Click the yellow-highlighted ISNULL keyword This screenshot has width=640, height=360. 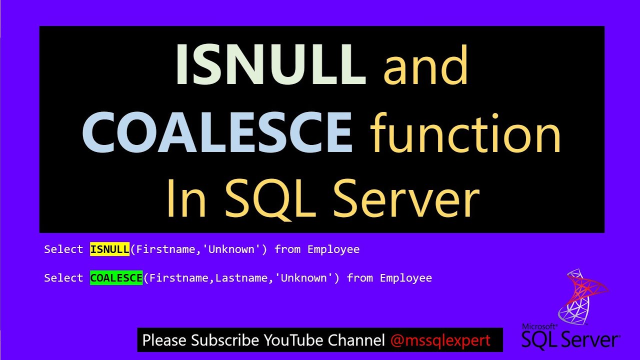[x=109, y=249]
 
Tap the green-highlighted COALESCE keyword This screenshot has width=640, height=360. [x=116, y=278]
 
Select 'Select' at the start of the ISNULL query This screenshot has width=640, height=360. [x=63, y=249]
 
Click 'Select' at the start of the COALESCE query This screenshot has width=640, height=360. [x=63, y=278]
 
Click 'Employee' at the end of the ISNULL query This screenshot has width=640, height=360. [x=333, y=249]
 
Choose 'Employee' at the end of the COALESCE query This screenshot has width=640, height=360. [x=406, y=278]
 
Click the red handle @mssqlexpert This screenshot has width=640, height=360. [x=440, y=340]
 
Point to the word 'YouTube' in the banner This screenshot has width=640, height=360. [x=294, y=340]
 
